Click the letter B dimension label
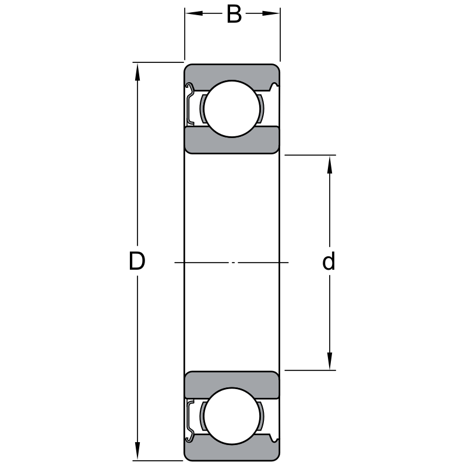coord(234,14)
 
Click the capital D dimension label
coord(137,261)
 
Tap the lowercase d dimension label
coord(329,260)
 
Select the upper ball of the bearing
coord(232,109)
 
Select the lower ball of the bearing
coord(232,416)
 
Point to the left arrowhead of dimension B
coord(194,13)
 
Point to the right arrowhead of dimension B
coord(271,13)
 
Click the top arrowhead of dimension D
coord(137,72)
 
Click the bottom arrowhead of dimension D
coord(137,451)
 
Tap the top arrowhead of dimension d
coord(329,165)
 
